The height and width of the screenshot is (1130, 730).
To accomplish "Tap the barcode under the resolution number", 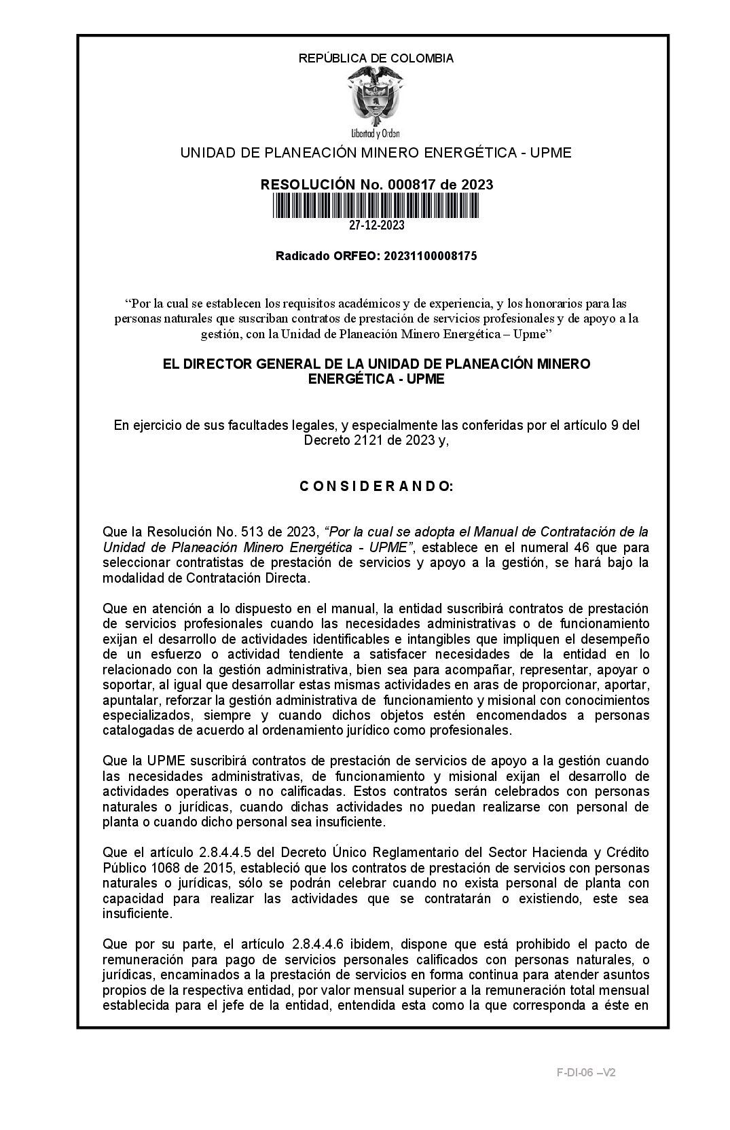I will tap(376, 205).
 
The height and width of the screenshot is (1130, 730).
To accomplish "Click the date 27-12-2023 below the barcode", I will tap(376, 225).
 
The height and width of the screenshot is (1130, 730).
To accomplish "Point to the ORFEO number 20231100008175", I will tap(431, 256).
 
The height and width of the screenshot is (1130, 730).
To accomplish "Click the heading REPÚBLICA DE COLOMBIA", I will tap(376, 58).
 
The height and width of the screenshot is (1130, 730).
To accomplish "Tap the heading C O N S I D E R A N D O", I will tap(376, 487).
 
